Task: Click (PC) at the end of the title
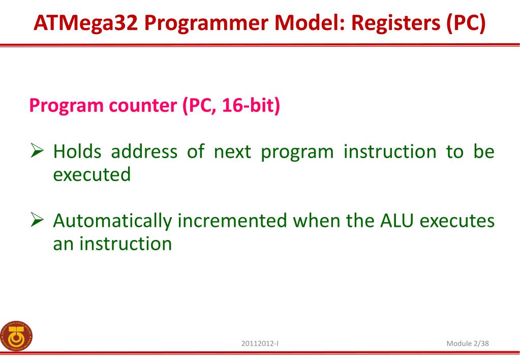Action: click(x=466, y=23)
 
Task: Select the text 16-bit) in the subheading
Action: click(x=251, y=108)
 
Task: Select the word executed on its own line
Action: click(x=91, y=175)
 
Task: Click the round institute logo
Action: click(x=16, y=336)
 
